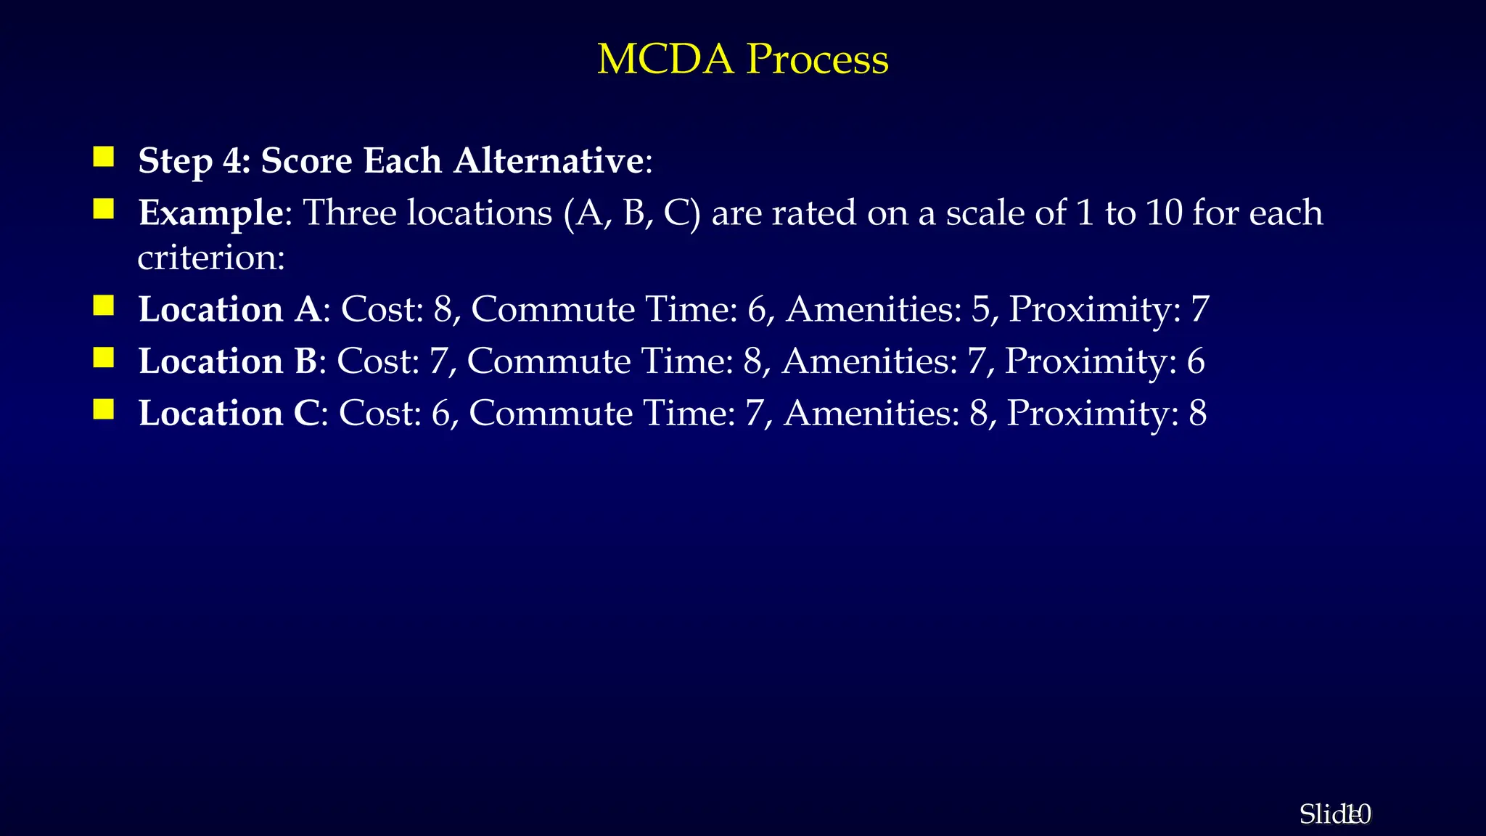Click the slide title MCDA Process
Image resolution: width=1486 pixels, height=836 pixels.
tap(742, 59)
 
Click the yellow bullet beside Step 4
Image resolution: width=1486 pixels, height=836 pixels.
tap(104, 157)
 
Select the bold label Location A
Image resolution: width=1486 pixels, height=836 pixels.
tap(229, 309)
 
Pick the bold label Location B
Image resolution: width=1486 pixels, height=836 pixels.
tap(227, 361)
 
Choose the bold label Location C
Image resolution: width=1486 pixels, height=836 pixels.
tap(229, 414)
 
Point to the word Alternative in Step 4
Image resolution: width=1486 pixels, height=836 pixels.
tap(548, 160)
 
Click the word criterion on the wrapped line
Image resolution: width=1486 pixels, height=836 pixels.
tap(210, 258)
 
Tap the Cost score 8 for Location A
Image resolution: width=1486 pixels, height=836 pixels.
tap(443, 309)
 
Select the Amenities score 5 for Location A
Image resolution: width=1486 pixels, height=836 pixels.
tap(980, 309)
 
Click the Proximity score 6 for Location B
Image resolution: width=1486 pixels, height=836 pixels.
tap(1195, 361)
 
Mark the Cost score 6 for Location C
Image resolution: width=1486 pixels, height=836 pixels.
tap(440, 414)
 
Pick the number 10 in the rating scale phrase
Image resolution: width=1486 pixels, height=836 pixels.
tap(1165, 213)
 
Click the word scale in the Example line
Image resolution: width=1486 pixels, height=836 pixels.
tap(986, 213)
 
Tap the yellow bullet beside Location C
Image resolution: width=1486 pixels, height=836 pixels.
tap(104, 409)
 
